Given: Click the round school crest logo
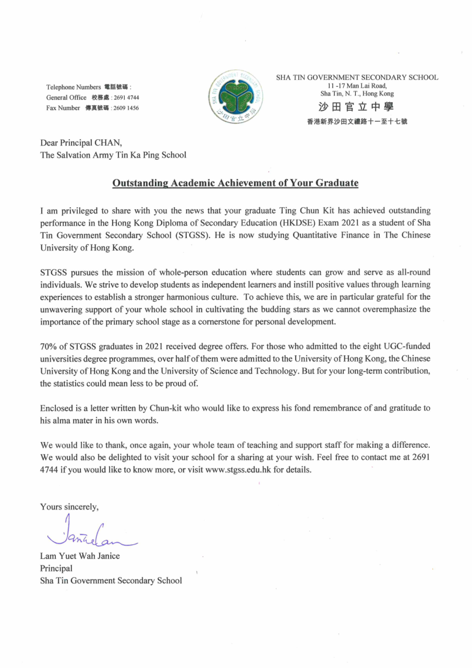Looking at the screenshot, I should [x=236, y=97].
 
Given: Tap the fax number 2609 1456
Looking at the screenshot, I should [x=126, y=108].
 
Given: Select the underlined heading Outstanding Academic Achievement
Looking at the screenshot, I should [x=235, y=183].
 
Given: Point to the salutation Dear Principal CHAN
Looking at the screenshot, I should [x=81, y=143].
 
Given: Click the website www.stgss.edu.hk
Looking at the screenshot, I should [x=238, y=470].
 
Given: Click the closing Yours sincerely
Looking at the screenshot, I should [x=69, y=507].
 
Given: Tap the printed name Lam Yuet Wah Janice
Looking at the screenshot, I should [x=80, y=556].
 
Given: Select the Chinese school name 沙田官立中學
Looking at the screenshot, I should [x=356, y=107].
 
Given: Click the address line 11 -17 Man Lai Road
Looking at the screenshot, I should [x=357, y=86].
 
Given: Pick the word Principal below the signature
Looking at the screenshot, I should [x=56, y=568].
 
